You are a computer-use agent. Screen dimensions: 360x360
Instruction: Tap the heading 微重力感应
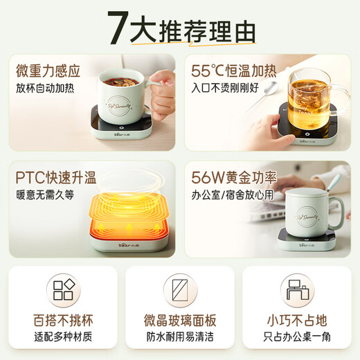click(50, 70)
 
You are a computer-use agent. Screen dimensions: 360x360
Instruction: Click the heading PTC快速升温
click(51, 173)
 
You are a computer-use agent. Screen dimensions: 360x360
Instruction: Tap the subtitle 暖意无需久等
click(41, 191)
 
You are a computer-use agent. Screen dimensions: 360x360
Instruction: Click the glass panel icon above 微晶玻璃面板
click(179, 289)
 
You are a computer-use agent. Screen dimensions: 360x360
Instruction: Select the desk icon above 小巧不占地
click(296, 289)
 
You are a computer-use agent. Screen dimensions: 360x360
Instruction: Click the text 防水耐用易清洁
click(179, 339)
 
